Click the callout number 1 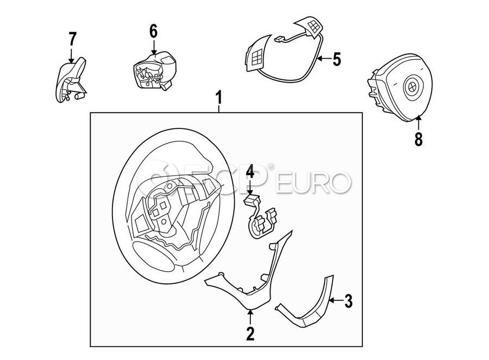(x=220, y=97)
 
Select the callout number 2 (x=250, y=333)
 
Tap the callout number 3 (x=348, y=301)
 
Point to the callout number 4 (x=250, y=172)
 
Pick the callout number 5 (x=336, y=59)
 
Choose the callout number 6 (x=153, y=31)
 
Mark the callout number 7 (x=72, y=39)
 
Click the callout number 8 (x=418, y=139)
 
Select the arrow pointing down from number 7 (x=72, y=55)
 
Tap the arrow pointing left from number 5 (x=323, y=58)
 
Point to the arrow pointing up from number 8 (x=418, y=123)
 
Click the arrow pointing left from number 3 (x=336, y=301)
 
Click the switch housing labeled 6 (x=155, y=71)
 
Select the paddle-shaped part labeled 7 (x=71, y=80)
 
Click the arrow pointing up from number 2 (x=250, y=317)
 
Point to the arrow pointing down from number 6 (x=153, y=47)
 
